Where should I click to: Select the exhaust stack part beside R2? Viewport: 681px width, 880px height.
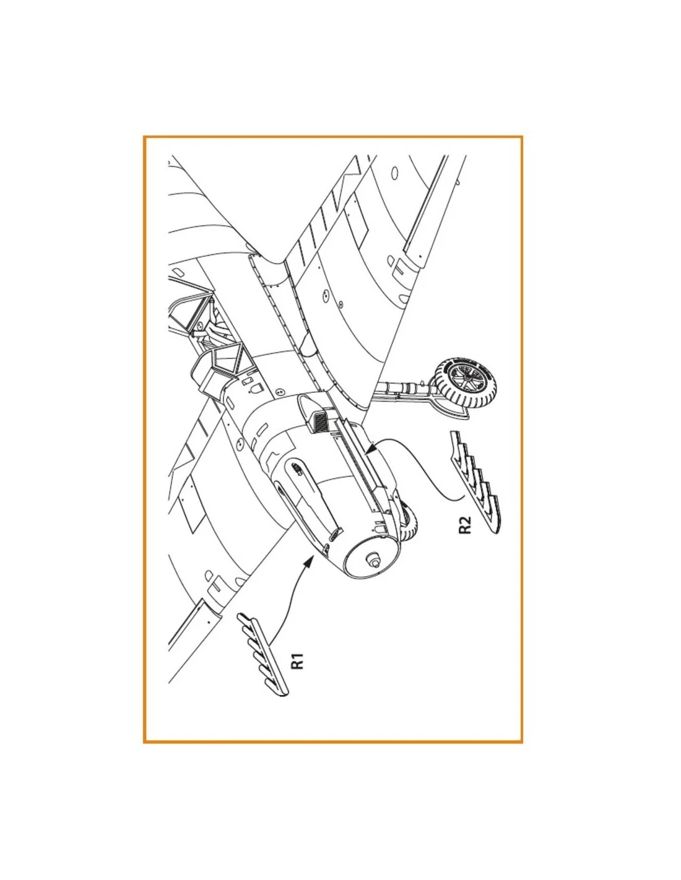click(475, 482)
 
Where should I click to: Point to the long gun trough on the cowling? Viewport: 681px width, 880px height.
click(308, 500)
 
